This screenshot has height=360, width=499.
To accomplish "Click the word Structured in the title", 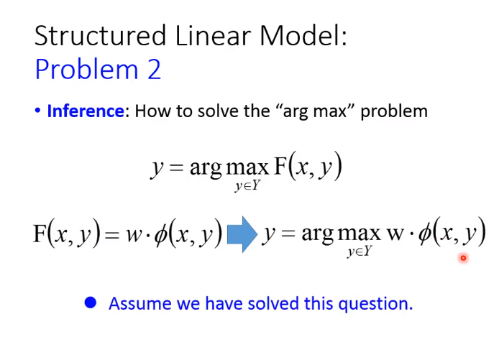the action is (x=101, y=36).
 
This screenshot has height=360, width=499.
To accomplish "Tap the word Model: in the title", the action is (x=303, y=36).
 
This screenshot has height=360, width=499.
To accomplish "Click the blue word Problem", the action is (x=86, y=70).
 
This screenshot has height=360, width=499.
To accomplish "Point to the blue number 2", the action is (x=155, y=69).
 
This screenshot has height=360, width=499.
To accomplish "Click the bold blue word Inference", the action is (x=86, y=111).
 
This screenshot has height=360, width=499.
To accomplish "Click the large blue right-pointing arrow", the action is (x=242, y=235).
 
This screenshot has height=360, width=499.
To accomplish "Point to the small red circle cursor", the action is (x=463, y=258).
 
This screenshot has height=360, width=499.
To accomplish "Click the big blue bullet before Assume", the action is (x=91, y=303).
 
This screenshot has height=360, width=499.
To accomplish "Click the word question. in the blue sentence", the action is (x=375, y=305).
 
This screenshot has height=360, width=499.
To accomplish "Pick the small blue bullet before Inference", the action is (x=37, y=111).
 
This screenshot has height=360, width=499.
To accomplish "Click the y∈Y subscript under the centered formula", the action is (x=247, y=185).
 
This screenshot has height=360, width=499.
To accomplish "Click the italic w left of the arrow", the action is (x=134, y=235).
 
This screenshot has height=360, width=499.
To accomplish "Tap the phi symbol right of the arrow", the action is (x=425, y=234).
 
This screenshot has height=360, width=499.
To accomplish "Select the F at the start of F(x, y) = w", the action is (x=40, y=234).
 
